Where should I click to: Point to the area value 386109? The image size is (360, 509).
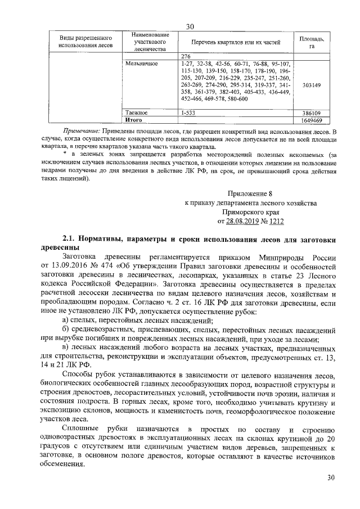[311, 112]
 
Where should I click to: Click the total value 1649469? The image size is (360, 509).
[311, 120]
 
